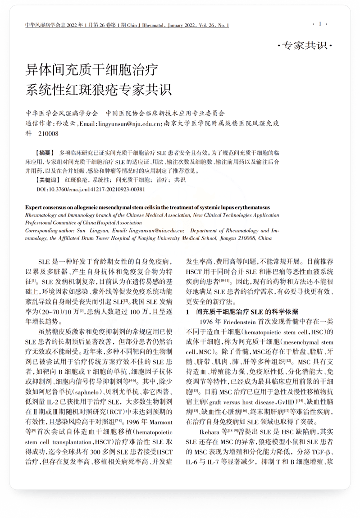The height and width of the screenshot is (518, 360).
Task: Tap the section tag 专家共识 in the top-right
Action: tap(305, 46)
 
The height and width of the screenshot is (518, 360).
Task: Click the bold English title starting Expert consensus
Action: tap(147, 207)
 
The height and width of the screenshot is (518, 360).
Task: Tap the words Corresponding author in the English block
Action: tap(50, 230)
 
